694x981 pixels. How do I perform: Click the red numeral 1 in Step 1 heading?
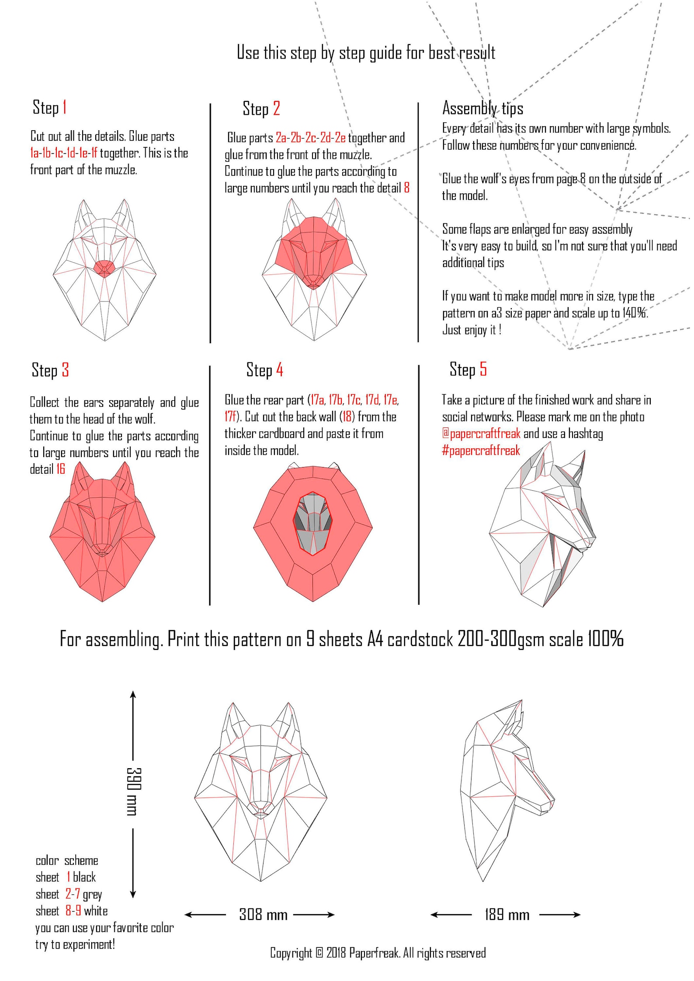[x=65, y=107]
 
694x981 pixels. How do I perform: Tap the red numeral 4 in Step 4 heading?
[x=280, y=370]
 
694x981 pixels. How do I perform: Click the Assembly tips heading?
[x=482, y=108]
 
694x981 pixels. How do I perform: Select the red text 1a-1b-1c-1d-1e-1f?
[x=64, y=153]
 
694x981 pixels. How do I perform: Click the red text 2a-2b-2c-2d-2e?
[x=310, y=138]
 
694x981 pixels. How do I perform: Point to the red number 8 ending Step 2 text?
[x=407, y=188]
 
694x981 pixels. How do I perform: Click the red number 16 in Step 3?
[x=60, y=469]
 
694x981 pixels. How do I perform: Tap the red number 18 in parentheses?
[x=347, y=416]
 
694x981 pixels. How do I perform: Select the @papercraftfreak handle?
[x=481, y=433]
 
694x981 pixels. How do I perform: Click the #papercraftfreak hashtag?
[x=481, y=450]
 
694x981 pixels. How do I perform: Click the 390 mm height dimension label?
[x=133, y=791]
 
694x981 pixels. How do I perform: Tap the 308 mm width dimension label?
[x=263, y=915]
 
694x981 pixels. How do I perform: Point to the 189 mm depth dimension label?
[x=507, y=915]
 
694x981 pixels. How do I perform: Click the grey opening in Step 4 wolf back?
[x=313, y=524]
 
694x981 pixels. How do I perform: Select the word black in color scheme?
[x=84, y=877]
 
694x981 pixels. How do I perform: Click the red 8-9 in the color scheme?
[x=73, y=911]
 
